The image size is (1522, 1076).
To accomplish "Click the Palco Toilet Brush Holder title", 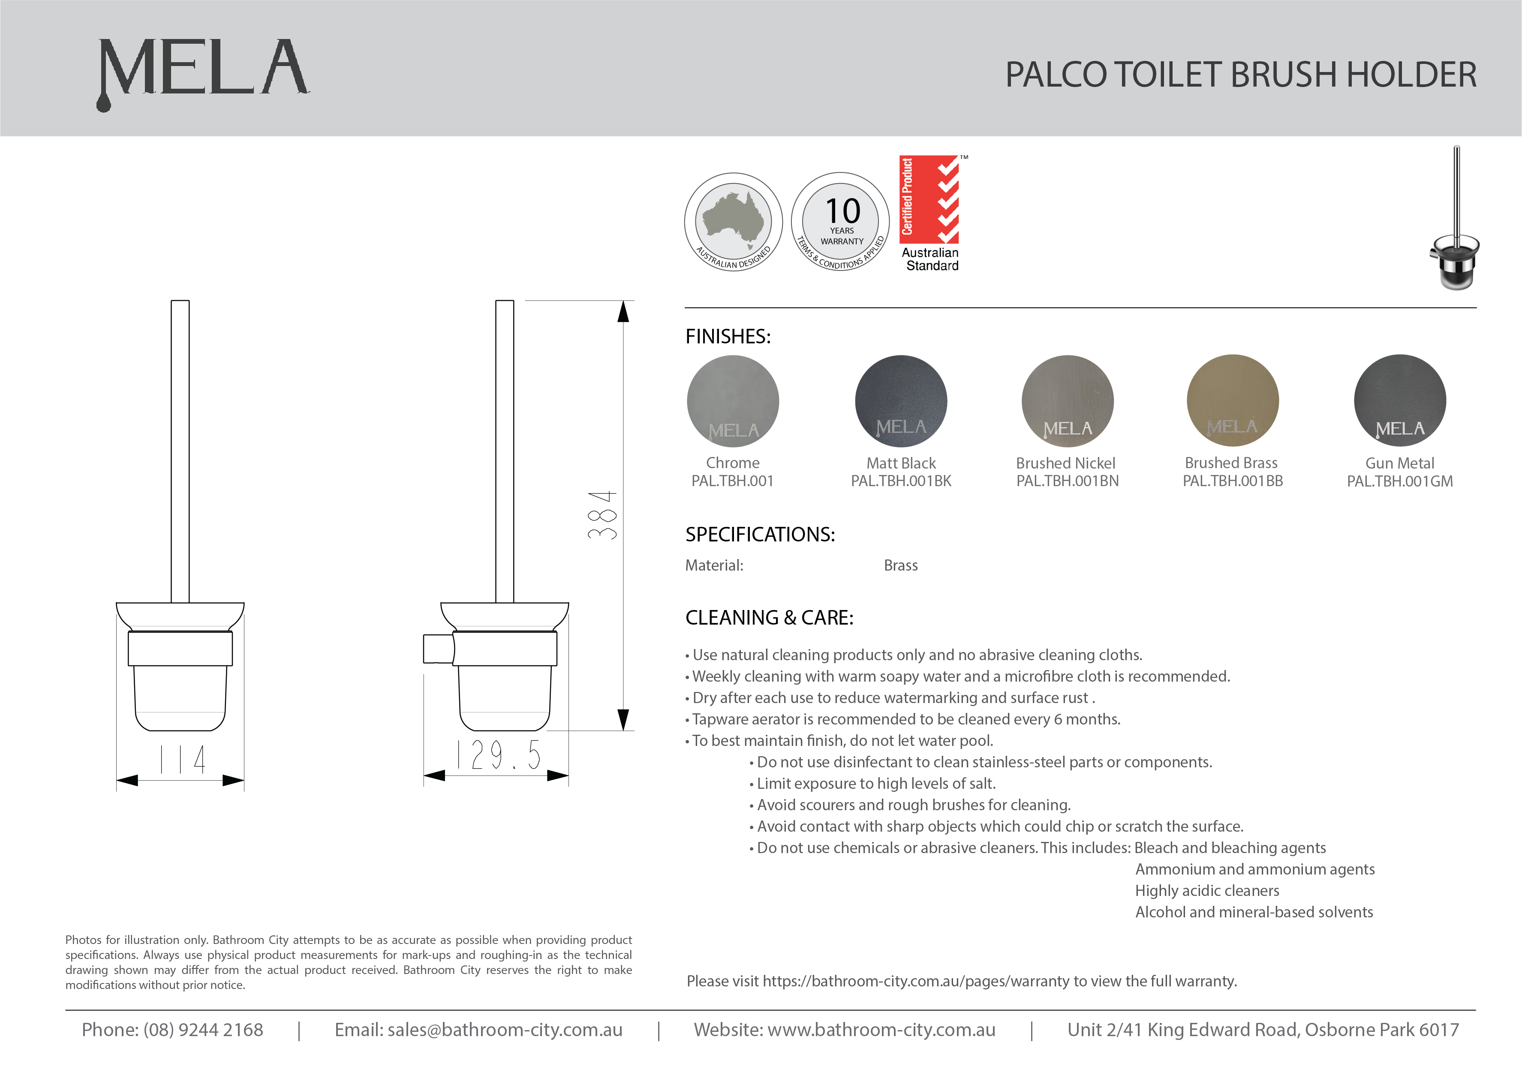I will (x=1240, y=74).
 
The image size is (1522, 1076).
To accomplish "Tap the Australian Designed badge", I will (x=733, y=222).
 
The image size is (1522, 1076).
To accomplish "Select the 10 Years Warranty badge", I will (x=841, y=222).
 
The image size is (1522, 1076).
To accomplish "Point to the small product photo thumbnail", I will (x=1454, y=219).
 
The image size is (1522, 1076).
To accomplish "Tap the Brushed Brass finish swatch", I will (x=1232, y=400).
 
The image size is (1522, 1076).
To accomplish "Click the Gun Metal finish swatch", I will (x=1399, y=400).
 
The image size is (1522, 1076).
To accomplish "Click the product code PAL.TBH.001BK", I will (x=901, y=481).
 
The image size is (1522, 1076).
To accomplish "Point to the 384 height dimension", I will (x=602, y=515).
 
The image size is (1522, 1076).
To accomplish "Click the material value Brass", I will (x=900, y=565).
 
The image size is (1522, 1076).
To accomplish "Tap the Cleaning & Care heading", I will (x=769, y=618).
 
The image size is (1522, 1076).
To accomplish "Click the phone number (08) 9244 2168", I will (x=203, y=1030).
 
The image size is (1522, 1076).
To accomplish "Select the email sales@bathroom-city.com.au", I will (x=505, y=1030).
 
